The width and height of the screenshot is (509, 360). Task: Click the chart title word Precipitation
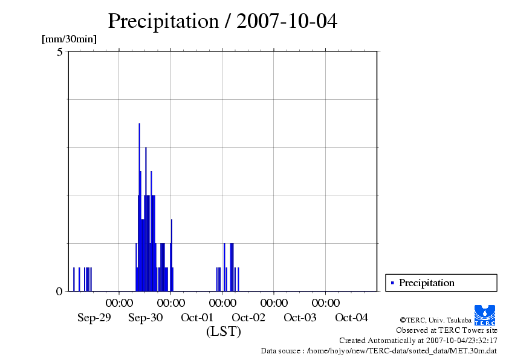tap(163, 21)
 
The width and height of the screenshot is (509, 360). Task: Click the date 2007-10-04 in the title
tap(287, 21)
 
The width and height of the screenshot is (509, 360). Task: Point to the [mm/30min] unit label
tap(69, 39)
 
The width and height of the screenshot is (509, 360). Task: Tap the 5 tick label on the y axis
tap(60, 52)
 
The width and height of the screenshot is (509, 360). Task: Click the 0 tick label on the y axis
tap(59, 292)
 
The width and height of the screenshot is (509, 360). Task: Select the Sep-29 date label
tap(94, 318)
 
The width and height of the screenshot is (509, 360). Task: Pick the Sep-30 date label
tap(146, 318)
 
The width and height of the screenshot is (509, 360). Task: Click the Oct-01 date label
tap(197, 318)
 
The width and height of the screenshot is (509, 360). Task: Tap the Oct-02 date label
tap(248, 318)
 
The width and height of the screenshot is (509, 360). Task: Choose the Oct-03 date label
tap(300, 318)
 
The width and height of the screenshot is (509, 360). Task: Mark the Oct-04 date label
tap(351, 318)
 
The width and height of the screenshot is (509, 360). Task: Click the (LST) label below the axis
tap(223, 332)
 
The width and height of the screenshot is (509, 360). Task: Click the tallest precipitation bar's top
tap(139, 124)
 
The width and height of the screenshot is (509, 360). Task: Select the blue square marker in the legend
tap(392, 283)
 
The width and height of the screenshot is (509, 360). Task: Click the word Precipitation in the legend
tap(426, 283)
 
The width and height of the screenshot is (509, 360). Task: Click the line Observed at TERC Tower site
tap(446, 330)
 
